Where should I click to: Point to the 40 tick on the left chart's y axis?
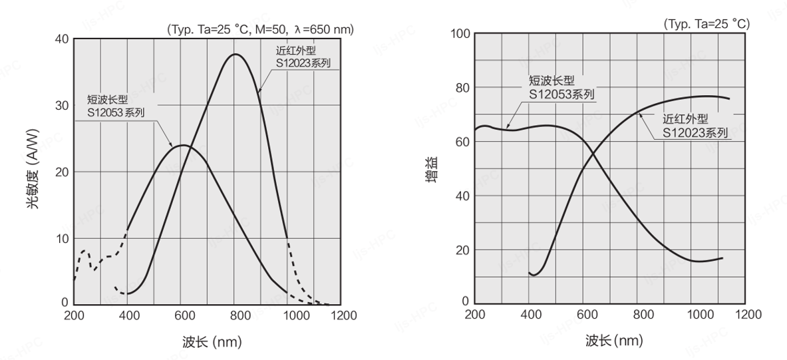tap(61, 39)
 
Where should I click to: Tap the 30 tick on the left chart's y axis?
tap(61, 106)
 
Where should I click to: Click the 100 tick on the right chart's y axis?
tap(461, 34)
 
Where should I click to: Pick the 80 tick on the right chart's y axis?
tap(463, 88)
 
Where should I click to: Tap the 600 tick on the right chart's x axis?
tap(585, 314)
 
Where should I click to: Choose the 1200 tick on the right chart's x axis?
tap(748, 314)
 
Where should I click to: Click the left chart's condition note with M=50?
tap(260, 29)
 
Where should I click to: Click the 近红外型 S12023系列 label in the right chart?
tap(695, 126)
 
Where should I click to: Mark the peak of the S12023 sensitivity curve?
tap(236, 54)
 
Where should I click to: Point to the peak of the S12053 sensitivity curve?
tap(182, 145)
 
